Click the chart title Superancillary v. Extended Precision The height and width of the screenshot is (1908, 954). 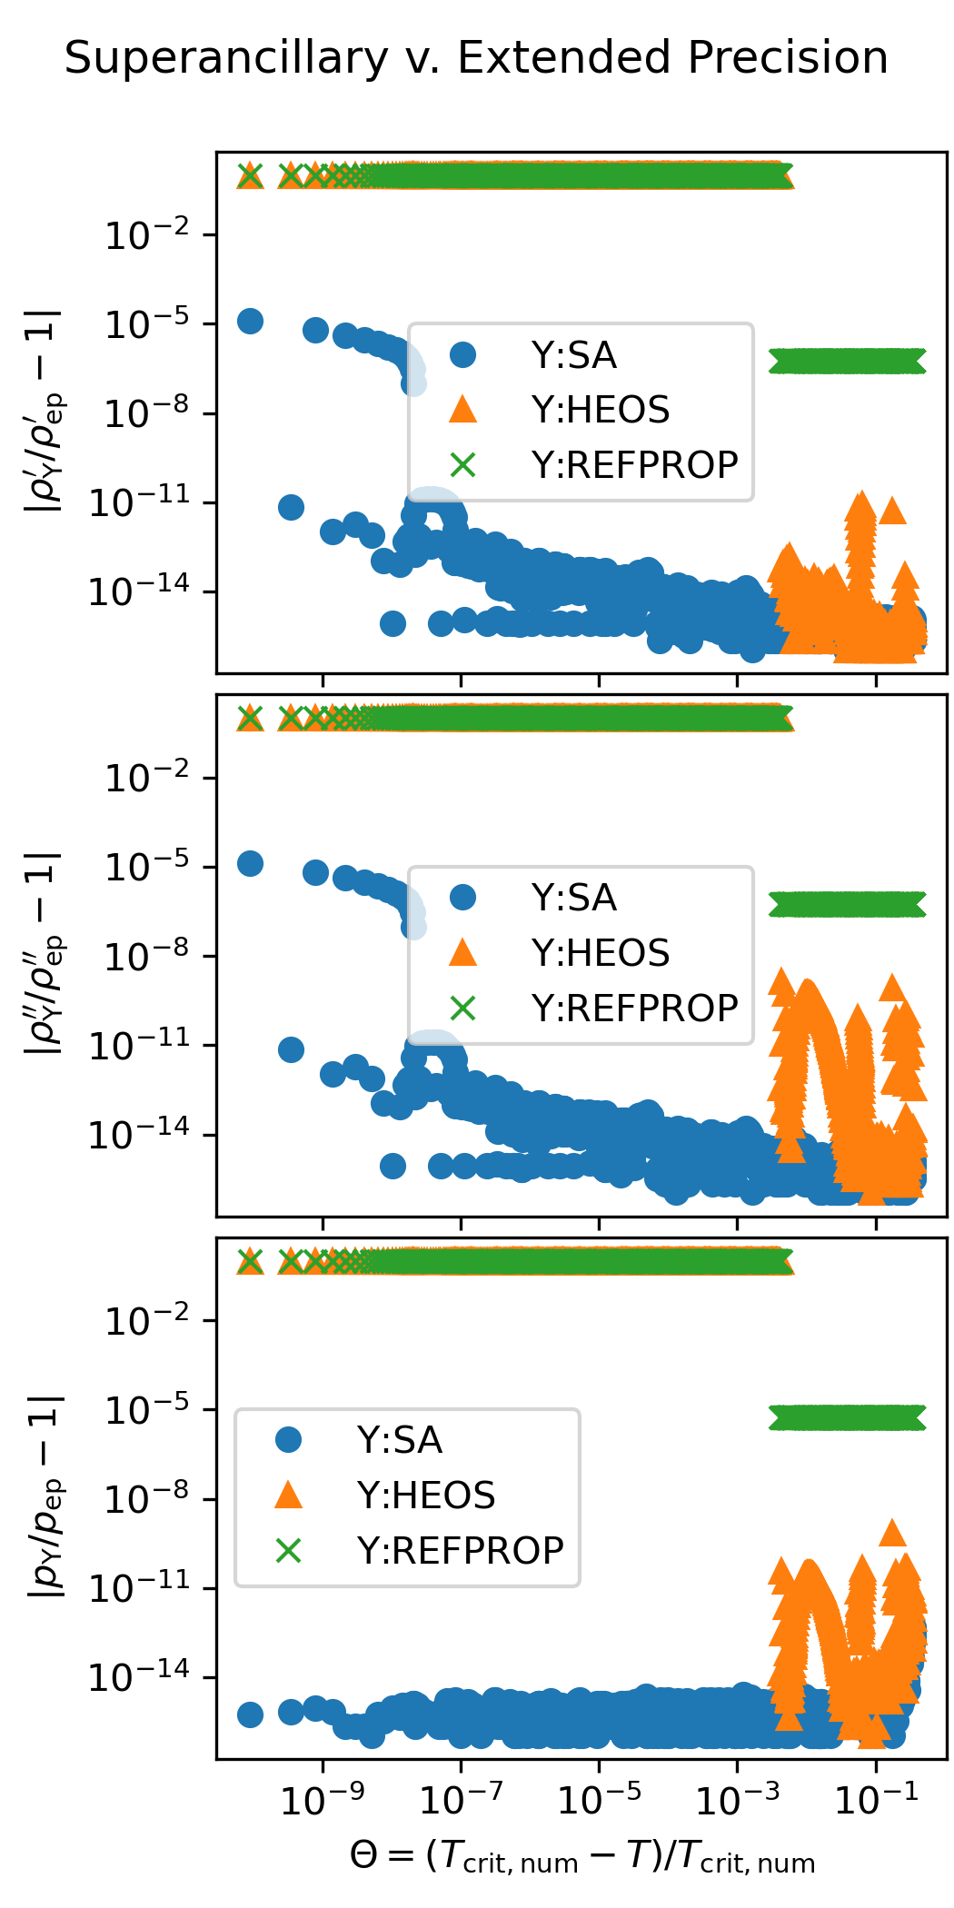tap(476, 58)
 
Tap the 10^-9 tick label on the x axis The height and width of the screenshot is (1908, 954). tap(323, 1801)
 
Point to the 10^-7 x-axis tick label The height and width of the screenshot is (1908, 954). tap(461, 1801)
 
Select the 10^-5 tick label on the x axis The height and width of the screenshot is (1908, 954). tap(599, 1801)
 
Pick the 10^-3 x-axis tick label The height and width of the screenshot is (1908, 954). tap(737, 1801)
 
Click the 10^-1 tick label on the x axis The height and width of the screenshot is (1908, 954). tap(875, 1801)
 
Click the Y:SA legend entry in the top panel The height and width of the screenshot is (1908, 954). tap(574, 355)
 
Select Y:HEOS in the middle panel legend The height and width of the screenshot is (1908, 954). tap(601, 953)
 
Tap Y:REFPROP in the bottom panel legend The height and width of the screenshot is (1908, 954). tap(460, 1550)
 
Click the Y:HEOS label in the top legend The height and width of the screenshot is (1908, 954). tap(601, 410)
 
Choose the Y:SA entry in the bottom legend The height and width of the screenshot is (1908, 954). tap(400, 1440)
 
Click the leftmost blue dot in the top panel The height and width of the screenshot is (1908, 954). tap(250, 321)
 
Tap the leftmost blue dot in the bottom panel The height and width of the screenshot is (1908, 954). tap(250, 1714)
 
